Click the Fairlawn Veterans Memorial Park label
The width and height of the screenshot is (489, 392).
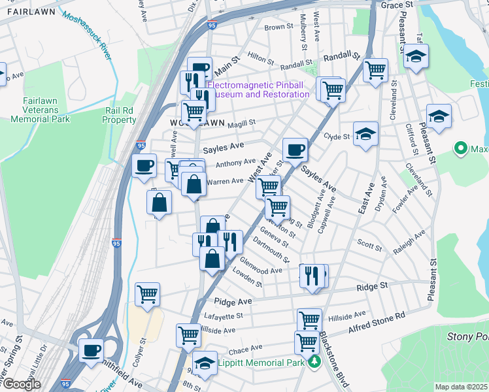tap(41, 110)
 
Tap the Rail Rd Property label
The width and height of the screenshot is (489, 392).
tap(120, 116)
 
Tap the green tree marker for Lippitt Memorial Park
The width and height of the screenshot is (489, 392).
tap(315, 362)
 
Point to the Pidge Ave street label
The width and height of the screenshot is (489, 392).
tap(233, 302)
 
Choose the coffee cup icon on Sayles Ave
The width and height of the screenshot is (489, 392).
tap(295, 150)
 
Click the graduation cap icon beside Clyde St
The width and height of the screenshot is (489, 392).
tap(366, 134)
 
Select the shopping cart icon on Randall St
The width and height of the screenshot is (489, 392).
tap(375, 70)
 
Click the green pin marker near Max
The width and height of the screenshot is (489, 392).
tap(462, 150)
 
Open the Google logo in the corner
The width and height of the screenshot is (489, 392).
tap(22, 384)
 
